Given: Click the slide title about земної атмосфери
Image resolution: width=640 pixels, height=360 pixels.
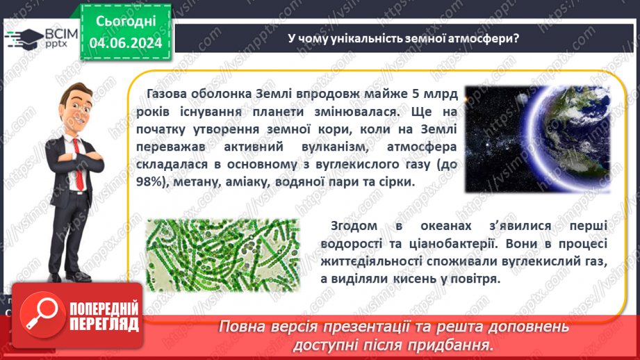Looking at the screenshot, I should pos(404,39).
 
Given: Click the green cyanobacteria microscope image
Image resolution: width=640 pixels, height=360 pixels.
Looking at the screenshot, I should pos(223,255).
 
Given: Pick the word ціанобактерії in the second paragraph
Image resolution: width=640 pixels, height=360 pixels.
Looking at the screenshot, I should pos(451,244).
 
